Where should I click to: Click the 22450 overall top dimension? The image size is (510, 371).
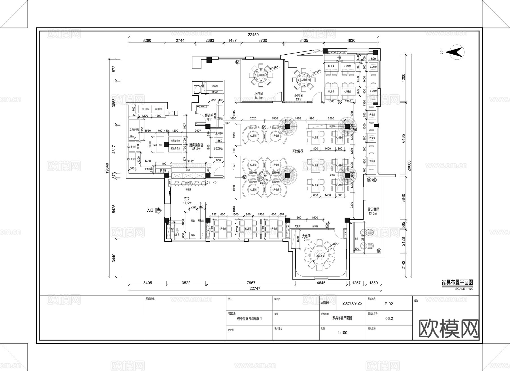point(253,35)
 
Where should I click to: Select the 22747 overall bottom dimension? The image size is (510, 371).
point(255,288)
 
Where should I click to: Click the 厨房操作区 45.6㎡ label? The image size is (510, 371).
point(196,147)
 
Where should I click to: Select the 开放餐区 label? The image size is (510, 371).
point(298,151)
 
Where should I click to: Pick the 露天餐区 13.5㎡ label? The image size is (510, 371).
point(373,211)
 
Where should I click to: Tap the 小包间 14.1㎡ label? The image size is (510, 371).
point(258,96)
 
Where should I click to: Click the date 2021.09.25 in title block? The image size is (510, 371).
point(352,303)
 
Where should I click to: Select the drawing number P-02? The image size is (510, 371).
point(388,304)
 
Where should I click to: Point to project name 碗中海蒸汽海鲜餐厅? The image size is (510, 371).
point(249,318)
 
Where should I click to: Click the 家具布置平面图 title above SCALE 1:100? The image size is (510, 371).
point(457,282)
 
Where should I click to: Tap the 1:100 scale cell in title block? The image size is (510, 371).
point(342,333)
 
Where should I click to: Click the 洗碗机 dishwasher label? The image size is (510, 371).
point(214,86)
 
